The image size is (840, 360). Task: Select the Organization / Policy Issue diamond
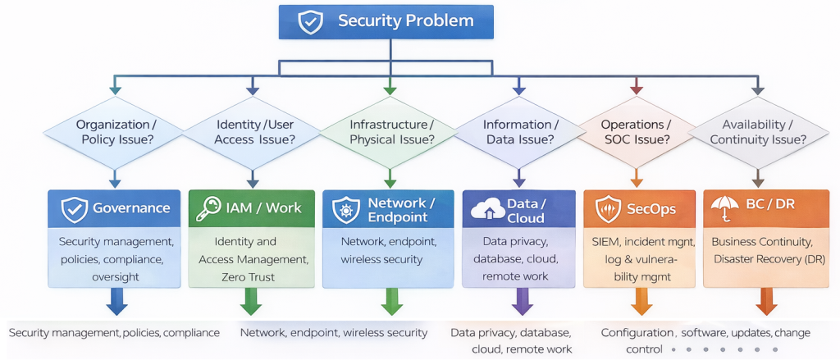pyautogui.click(x=116, y=132)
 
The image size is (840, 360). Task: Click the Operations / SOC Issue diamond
pyautogui.click(x=636, y=132)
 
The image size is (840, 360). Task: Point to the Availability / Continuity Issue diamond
pyautogui.click(x=758, y=132)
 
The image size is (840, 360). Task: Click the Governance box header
pyautogui.click(x=116, y=208)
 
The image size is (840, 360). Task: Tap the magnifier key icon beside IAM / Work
pyautogui.click(x=206, y=209)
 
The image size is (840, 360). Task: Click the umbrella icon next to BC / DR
pyautogui.click(x=726, y=208)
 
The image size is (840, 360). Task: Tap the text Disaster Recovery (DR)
pyautogui.click(x=769, y=259)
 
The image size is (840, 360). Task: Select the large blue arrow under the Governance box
pyautogui.click(x=116, y=301)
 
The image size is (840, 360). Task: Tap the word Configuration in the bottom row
pyautogui.click(x=637, y=333)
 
